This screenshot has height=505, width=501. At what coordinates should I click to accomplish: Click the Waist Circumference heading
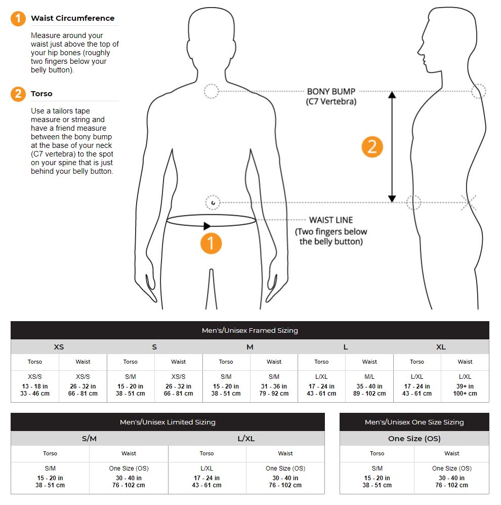point(73,18)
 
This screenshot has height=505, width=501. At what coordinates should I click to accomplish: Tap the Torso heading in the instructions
point(41,94)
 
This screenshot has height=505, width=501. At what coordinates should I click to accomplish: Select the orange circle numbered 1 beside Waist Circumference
point(18,18)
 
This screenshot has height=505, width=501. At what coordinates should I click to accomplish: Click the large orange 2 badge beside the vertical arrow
point(372,147)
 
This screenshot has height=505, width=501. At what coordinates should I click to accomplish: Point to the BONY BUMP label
point(331,92)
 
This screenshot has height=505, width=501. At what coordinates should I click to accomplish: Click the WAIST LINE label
point(331,220)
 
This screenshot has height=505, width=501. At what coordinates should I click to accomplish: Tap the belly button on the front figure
point(213,203)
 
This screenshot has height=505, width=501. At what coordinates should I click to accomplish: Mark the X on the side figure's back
point(469,203)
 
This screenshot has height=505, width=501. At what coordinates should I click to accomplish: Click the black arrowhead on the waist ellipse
point(207,226)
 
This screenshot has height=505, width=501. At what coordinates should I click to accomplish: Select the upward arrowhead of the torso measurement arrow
point(392,94)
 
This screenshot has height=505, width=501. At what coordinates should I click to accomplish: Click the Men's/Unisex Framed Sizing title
point(250,330)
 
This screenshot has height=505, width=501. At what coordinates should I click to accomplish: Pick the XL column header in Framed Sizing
point(441,347)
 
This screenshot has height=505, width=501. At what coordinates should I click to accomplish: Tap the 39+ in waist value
point(465,386)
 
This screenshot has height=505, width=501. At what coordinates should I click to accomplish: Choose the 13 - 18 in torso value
point(35,386)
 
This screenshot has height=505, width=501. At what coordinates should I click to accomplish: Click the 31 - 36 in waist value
point(274,386)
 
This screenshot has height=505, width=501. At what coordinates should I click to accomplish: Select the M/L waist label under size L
point(369,376)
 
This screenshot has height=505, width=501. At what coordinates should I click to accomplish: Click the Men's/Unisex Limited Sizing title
point(168,422)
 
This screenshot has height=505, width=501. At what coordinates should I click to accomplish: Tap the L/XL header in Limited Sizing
point(246,439)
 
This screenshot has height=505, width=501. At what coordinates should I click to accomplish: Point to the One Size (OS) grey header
point(414,439)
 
